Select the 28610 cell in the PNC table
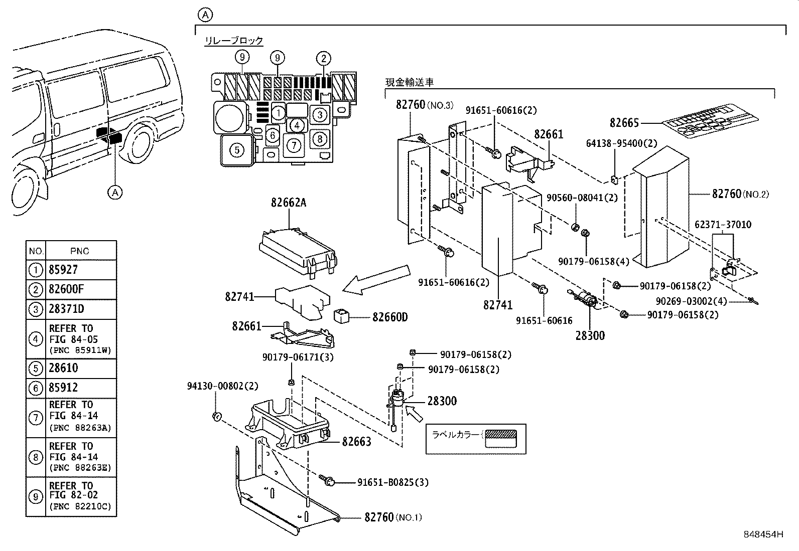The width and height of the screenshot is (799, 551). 63,368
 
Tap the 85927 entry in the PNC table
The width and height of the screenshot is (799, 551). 63,270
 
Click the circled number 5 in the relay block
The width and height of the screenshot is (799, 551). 237,149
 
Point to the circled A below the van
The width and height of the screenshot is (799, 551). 115,192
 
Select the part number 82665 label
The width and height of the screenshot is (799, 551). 624,123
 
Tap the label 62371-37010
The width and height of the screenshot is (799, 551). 723,225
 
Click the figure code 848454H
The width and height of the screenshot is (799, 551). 763,534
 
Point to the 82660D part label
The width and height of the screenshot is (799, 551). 390,317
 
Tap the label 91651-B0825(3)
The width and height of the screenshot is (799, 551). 392,482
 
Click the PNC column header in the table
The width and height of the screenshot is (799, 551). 79,251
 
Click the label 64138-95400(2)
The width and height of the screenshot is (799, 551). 621,143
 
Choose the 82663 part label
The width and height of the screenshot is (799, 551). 356,442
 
